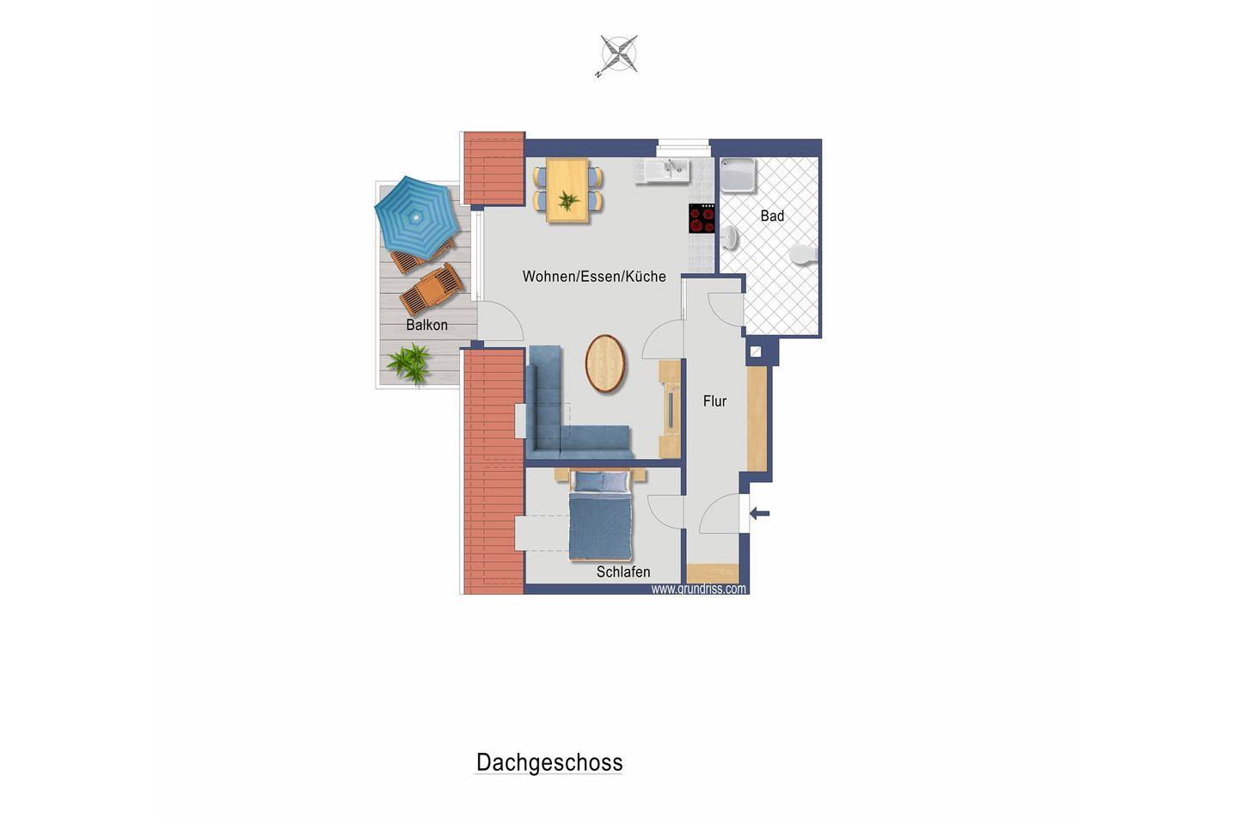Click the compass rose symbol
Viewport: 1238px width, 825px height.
click(618, 54)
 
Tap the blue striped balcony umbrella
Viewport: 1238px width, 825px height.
click(417, 217)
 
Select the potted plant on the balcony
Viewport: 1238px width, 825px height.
click(410, 363)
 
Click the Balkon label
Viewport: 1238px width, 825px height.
click(426, 325)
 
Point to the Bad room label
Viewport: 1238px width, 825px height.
click(772, 216)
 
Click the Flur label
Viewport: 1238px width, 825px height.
click(714, 401)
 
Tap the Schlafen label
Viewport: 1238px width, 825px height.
click(622, 571)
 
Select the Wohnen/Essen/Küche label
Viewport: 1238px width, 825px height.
click(594, 277)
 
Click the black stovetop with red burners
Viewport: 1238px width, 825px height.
click(702, 218)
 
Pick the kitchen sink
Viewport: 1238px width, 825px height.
click(662, 170)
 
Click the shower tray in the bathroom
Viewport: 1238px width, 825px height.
click(738, 175)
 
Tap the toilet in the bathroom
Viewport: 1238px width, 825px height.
click(804, 254)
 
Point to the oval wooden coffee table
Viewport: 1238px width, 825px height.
click(605, 364)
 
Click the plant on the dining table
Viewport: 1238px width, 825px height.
click(568, 200)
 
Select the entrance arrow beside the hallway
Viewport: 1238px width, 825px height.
click(759, 514)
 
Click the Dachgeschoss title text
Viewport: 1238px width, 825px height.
click(549, 762)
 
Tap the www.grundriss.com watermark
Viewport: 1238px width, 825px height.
click(699, 589)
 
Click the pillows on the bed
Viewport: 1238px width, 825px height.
click(600, 482)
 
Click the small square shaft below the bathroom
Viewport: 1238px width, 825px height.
click(756, 352)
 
